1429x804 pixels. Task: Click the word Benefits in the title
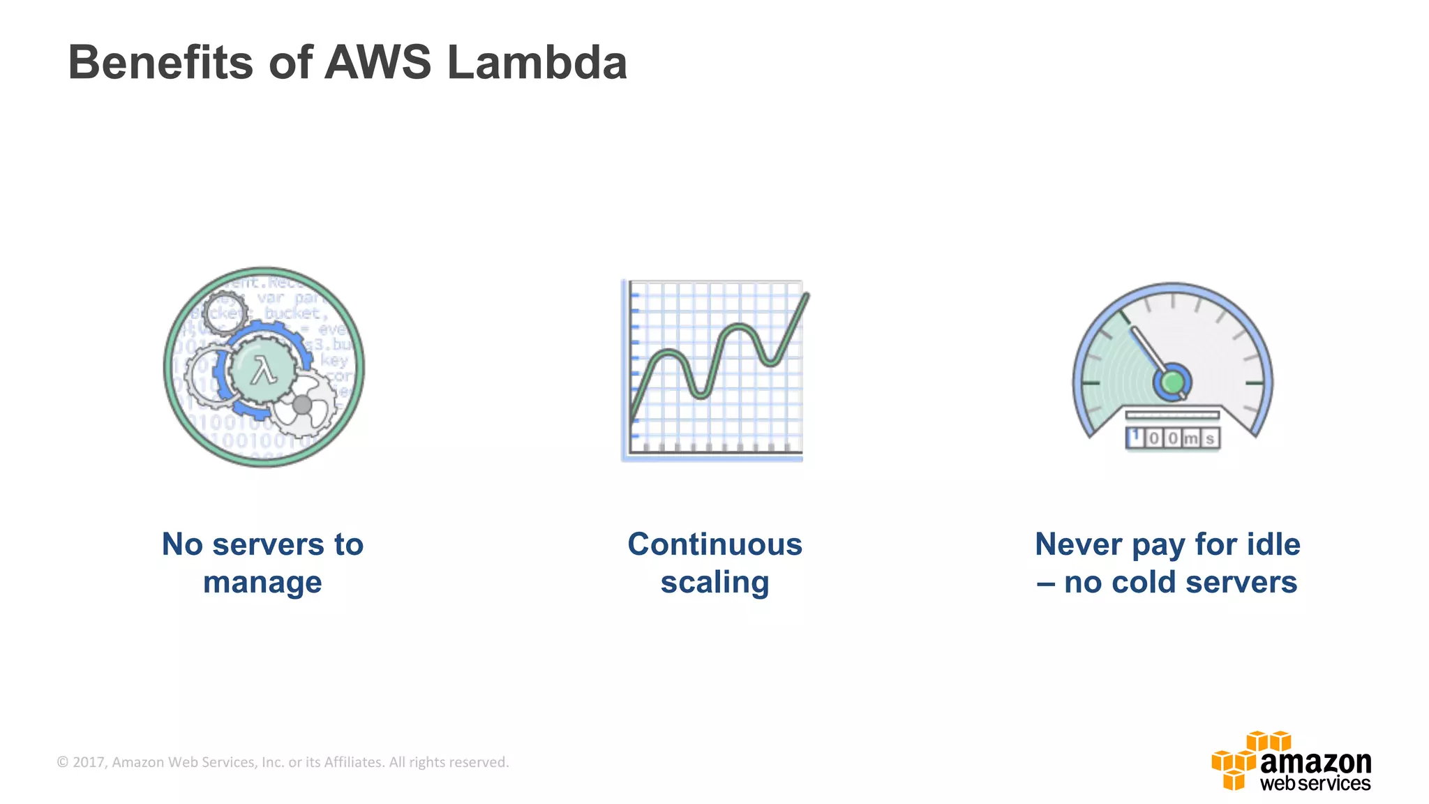point(160,63)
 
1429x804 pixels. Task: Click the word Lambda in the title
point(537,63)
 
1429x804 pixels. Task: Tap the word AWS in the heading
point(378,63)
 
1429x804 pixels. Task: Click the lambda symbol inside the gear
point(264,371)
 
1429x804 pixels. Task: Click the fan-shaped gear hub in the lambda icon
point(302,405)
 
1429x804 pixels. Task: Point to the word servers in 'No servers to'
point(268,544)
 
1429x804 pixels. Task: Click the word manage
point(262,582)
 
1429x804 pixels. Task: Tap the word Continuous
point(714,544)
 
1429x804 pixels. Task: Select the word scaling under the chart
point(714,582)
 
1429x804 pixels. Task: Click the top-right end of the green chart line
point(807,296)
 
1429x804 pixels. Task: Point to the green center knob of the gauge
point(1172,382)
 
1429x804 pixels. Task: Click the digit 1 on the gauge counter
point(1135,437)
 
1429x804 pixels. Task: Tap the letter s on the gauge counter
point(1210,438)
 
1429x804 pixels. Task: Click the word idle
point(1274,544)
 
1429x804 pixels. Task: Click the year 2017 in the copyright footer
point(89,762)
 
